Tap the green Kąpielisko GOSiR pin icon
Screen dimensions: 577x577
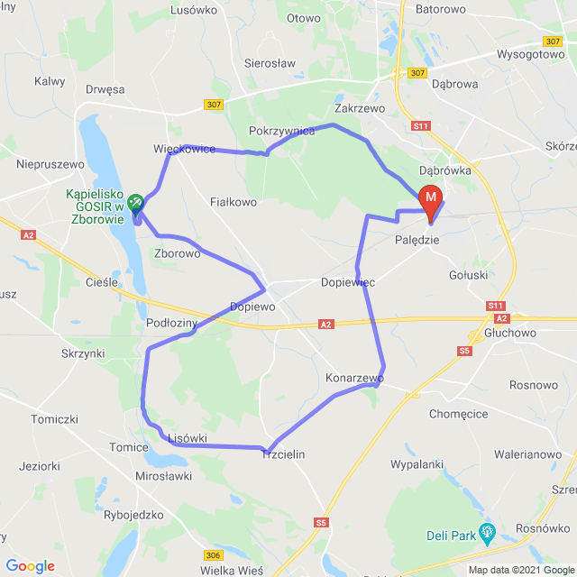pyautogui.click(x=135, y=202)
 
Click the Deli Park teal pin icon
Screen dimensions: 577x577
pyautogui.click(x=489, y=532)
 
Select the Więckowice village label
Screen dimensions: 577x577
pyautogui.click(x=184, y=149)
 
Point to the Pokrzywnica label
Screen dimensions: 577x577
pyautogui.click(x=281, y=131)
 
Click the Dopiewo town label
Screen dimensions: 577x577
pyautogui.click(x=252, y=307)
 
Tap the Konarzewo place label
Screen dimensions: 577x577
pyautogui.click(x=354, y=379)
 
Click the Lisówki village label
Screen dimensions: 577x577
pyautogui.click(x=188, y=438)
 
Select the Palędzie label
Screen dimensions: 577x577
pyautogui.click(x=417, y=241)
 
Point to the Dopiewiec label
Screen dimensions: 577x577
pyautogui.click(x=348, y=282)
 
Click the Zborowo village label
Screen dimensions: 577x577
pyautogui.click(x=178, y=253)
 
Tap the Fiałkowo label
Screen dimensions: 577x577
pyautogui.click(x=234, y=202)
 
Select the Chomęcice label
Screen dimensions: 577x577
pyautogui.click(x=459, y=414)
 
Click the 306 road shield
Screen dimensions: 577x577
pyautogui.click(x=214, y=555)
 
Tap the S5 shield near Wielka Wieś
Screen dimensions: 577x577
pyautogui.click(x=323, y=522)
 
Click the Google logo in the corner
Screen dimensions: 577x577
pyautogui.click(x=30, y=566)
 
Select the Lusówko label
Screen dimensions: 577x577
pyautogui.click(x=190, y=10)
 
